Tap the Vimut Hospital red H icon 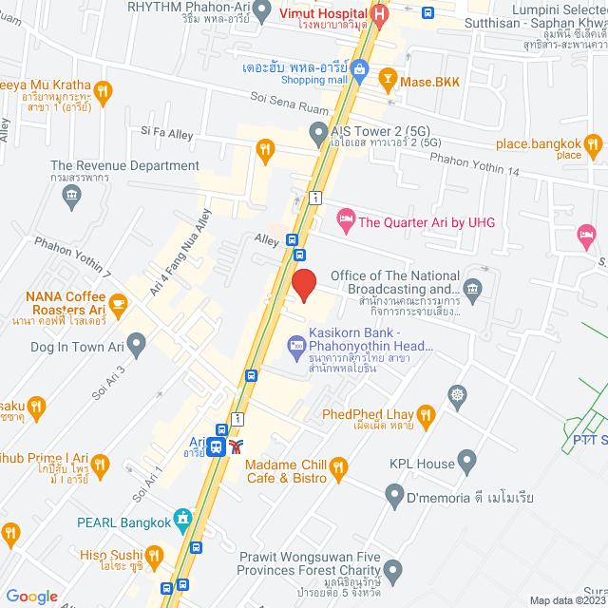point(380,14)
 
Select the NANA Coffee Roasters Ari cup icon point(117,304)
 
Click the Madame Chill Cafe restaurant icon point(339,466)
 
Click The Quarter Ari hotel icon point(345,220)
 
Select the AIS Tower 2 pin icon point(317,138)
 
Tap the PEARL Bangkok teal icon point(183,520)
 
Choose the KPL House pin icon point(465,463)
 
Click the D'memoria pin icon point(394,494)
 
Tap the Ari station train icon point(218,446)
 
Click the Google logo point(32,596)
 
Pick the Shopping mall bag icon point(360,68)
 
